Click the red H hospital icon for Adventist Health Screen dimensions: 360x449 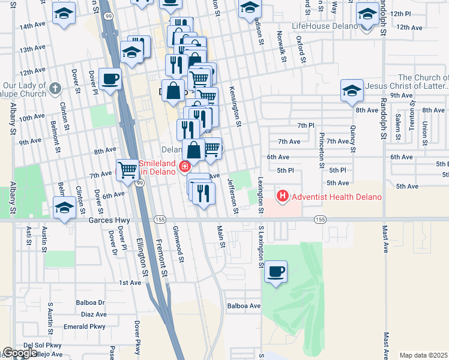tap(282, 196)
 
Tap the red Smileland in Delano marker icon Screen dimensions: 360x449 tap(185, 166)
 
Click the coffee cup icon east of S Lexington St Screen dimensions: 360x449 tap(276, 272)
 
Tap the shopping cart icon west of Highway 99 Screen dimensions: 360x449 tap(127, 170)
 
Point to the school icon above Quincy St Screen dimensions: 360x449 tap(352, 91)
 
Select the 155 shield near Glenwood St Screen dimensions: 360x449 tap(161, 220)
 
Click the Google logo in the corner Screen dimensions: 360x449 tap(20, 353)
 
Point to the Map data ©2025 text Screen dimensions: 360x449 tap(423, 355)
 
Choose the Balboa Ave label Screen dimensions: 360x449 tap(244, 306)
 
